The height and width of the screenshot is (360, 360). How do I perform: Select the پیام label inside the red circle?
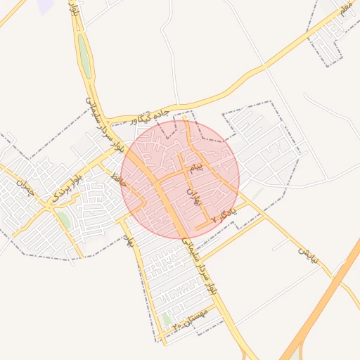pyautogui.click(x=198, y=167)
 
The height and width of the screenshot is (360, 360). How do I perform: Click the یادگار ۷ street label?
pyautogui.click(x=224, y=214)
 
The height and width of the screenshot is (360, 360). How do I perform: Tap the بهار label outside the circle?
pyautogui.click(x=129, y=242)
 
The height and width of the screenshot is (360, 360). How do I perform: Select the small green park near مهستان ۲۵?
pyautogui.click(x=167, y=320)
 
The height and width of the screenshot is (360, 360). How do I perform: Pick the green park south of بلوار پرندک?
pyautogui.click(x=64, y=219)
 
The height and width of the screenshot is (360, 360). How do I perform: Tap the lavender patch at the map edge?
pyautogui.click(x=46, y=6)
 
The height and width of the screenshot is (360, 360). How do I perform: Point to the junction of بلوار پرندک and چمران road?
pyautogui.click(x=51, y=205)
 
